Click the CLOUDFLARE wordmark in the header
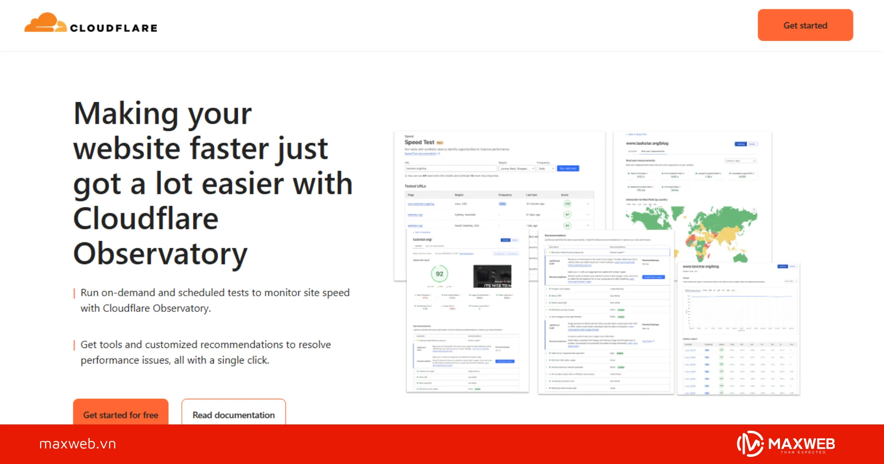tap(114, 28)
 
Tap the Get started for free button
tap(121, 414)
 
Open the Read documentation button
tap(234, 414)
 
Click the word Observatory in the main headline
tap(160, 254)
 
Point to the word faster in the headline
tap(230, 148)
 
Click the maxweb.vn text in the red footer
tap(77, 444)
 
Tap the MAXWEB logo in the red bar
tap(786, 444)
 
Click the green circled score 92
tap(439, 274)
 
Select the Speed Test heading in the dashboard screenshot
tap(419, 142)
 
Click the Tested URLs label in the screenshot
tap(415, 186)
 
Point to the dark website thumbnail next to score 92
tap(492, 276)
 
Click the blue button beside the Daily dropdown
tap(568, 168)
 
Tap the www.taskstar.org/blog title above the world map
tap(647, 143)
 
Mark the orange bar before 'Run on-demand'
tap(75, 293)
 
